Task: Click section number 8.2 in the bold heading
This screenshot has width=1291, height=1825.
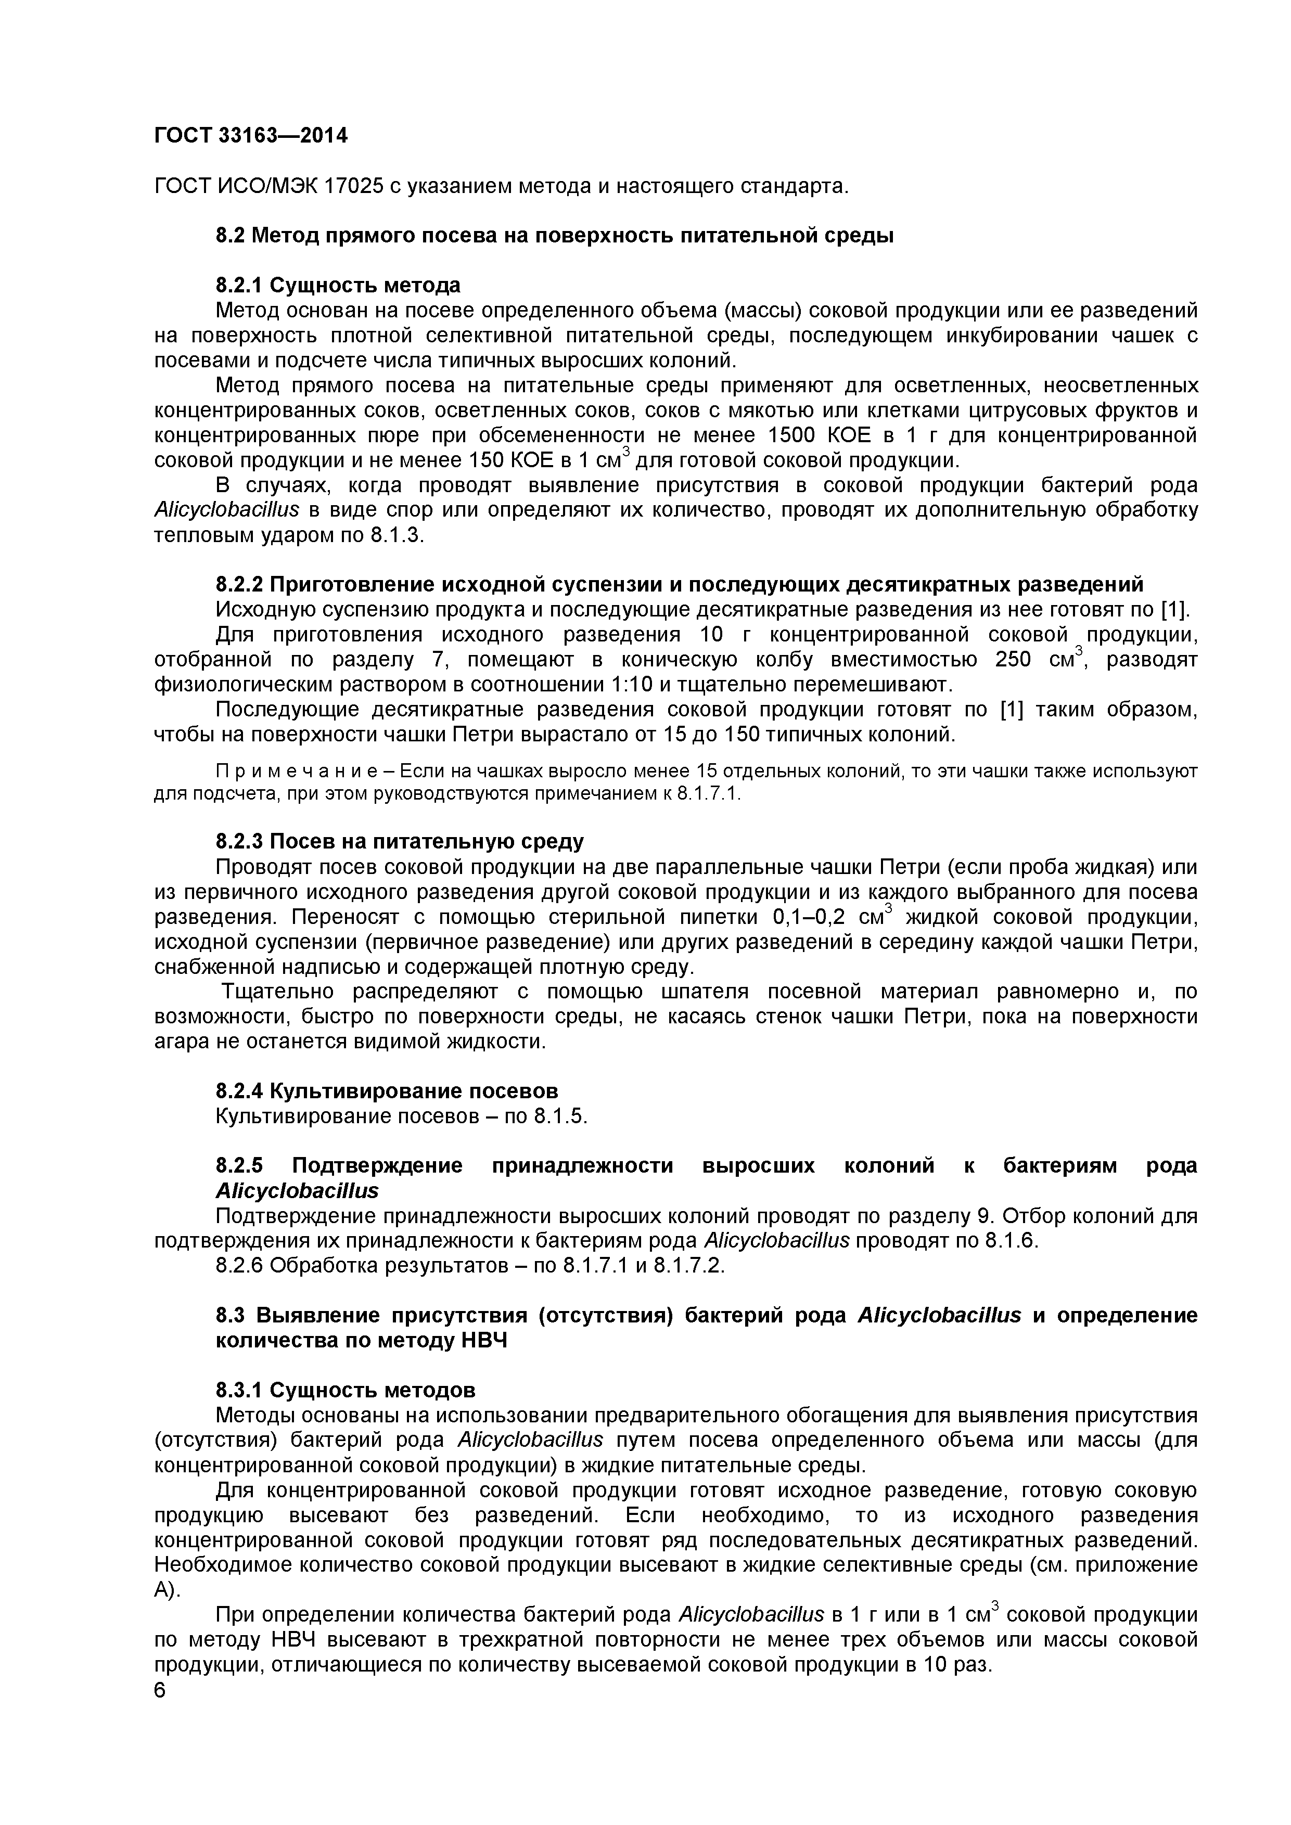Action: pos(232,236)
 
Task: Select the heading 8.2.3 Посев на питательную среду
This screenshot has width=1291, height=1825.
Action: pos(399,841)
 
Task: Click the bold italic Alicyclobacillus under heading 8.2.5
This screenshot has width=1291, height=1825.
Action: pos(297,1191)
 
